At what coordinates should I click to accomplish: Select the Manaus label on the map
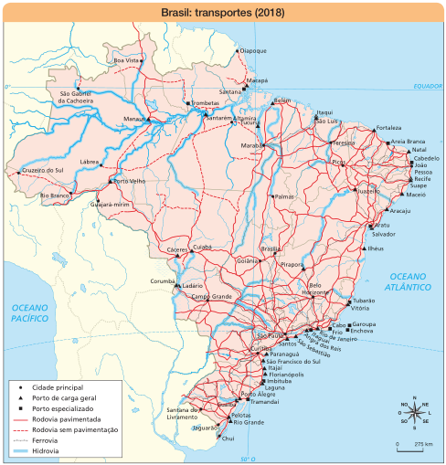[134, 119]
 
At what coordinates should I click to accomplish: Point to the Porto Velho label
[130, 181]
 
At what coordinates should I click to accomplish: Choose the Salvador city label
[384, 234]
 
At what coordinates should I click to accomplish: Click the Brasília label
[271, 248]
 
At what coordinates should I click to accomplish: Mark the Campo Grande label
[211, 297]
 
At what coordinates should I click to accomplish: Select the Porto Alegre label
[259, 394]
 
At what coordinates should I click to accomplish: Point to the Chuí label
[228, 439]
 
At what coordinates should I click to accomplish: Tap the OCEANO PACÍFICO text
[28, 315]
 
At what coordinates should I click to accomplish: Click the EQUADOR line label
[426, 86]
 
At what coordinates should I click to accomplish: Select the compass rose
[415, 412]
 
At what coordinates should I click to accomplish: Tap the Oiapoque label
[253, 50]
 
